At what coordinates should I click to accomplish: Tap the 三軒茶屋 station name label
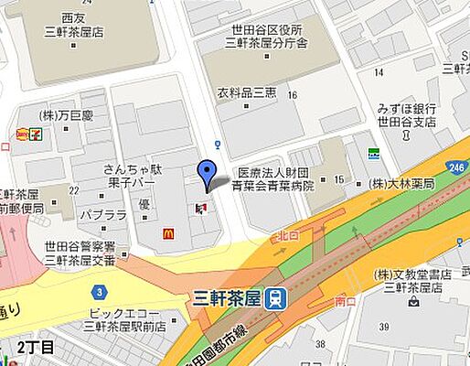click(234, 297)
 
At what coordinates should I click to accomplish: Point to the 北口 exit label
click(286, 236)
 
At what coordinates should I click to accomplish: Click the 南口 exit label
click(346, 300)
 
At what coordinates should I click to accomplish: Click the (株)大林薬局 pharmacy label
click(401, 183)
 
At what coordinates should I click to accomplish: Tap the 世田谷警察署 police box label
click(79, 253)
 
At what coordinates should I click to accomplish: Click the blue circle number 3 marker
click(99, 292)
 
